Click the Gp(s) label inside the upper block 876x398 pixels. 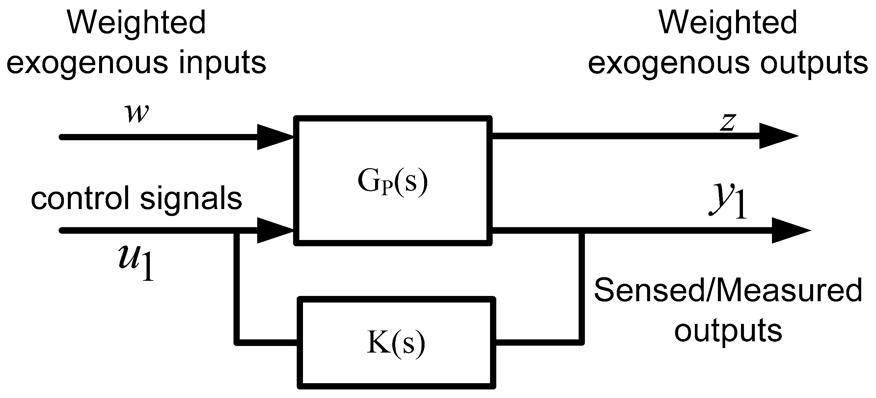coord(393,182)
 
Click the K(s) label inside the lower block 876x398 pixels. coord(396,343)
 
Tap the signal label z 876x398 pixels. coord(728,122)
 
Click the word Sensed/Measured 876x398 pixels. coord(728,291)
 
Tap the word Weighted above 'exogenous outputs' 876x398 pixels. coord(728,22)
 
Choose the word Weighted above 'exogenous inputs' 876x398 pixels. coord(136,22)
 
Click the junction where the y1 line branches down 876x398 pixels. coord(582,231)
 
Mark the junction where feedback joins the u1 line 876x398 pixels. coord(237,231)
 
